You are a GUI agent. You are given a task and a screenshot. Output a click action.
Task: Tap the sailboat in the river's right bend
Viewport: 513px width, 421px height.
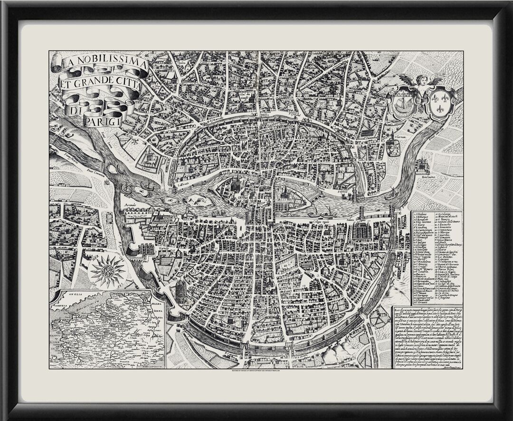pyautogui.click(x=392, y=193)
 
